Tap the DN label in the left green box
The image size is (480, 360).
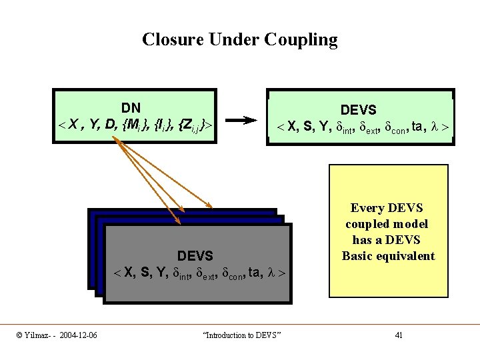pyautogui.click(x=131, y=107)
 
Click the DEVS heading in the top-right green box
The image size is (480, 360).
pyautogui.click(x=359, y=109)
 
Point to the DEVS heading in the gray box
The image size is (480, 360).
pyautogui.click(x=195, y=255)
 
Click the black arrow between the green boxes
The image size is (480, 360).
pyautogui.click(x=241, y=121)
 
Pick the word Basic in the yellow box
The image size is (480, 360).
pyautogui.click(x=358, y=256)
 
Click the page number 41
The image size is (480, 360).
pyautogui.click(x=399, y=335)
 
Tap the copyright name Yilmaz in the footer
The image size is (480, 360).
pyautogui.click(x=35, y=335)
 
